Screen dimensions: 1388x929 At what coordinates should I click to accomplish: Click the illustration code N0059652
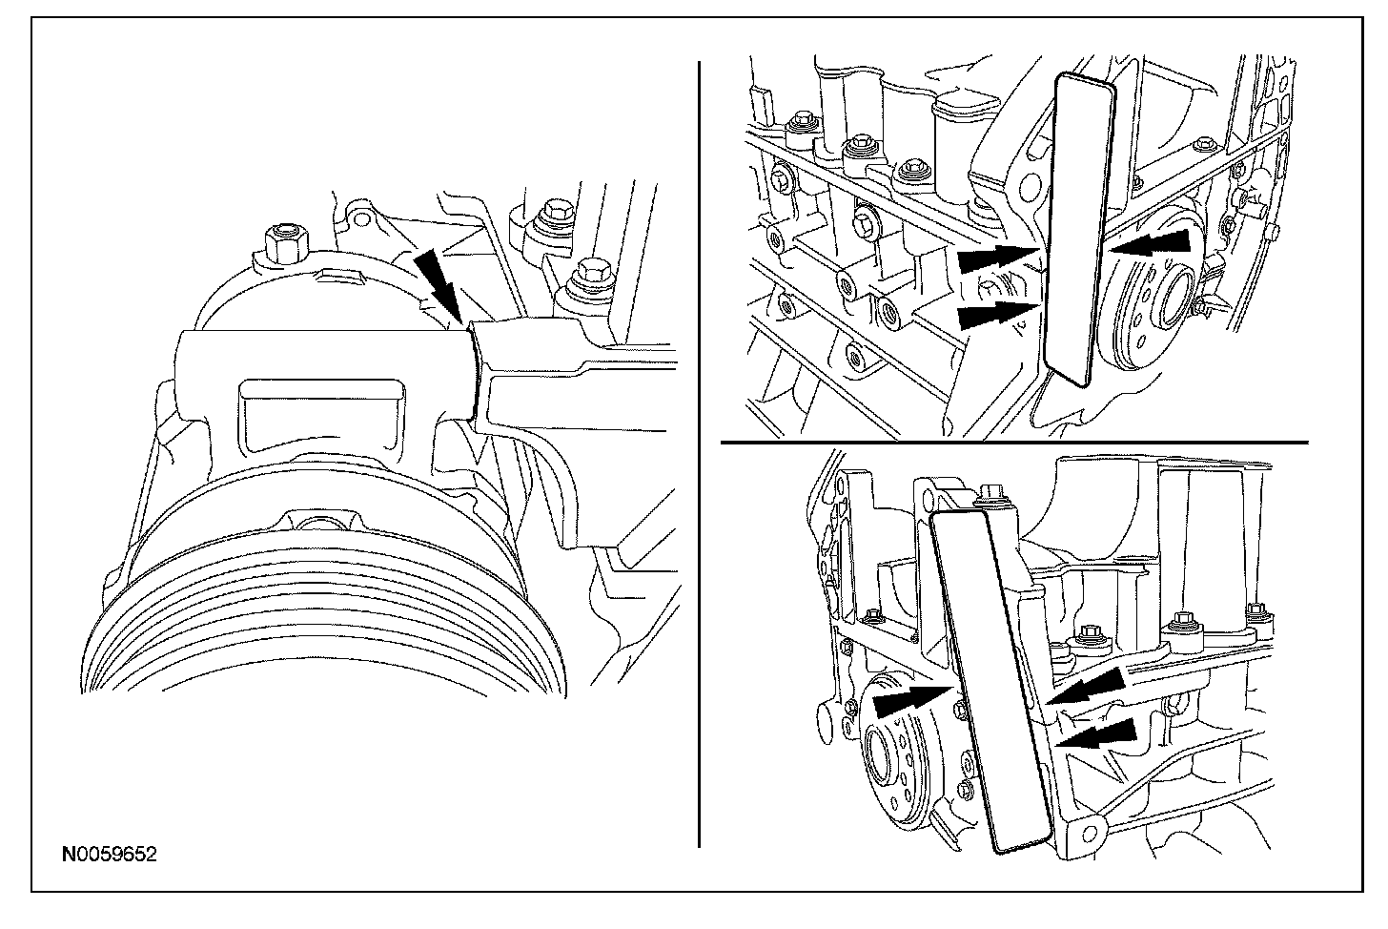click(x=109, y=855)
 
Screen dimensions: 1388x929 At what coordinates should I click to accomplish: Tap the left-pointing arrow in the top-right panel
click(x=1153, y=244)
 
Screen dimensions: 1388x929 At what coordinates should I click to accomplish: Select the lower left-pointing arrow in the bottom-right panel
click(x=1100, y=735)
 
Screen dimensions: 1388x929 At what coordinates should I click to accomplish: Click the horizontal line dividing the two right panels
click(x=1014, y=443)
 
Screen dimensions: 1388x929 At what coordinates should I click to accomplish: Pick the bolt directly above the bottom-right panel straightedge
click(x=992, y=492)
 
